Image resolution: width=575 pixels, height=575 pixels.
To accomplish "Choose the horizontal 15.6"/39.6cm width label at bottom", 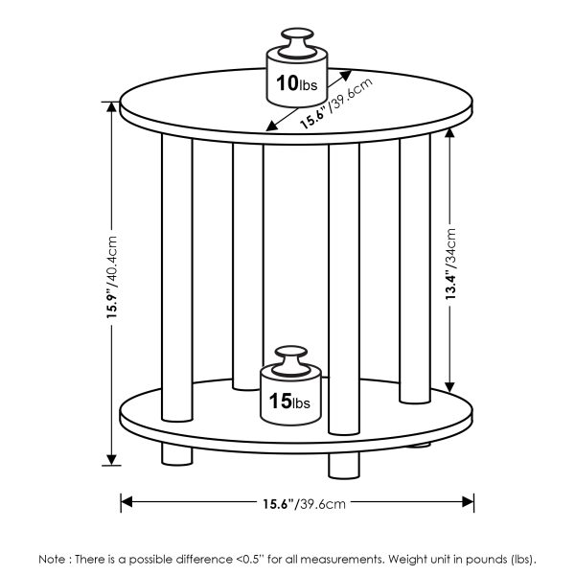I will pyautogui.click(x=297, y=503).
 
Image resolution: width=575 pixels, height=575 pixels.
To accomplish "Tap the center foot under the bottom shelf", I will pyautogui.click(x=343, y=464).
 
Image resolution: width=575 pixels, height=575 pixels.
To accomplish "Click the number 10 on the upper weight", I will pyautogui.click(x=286, y=83).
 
